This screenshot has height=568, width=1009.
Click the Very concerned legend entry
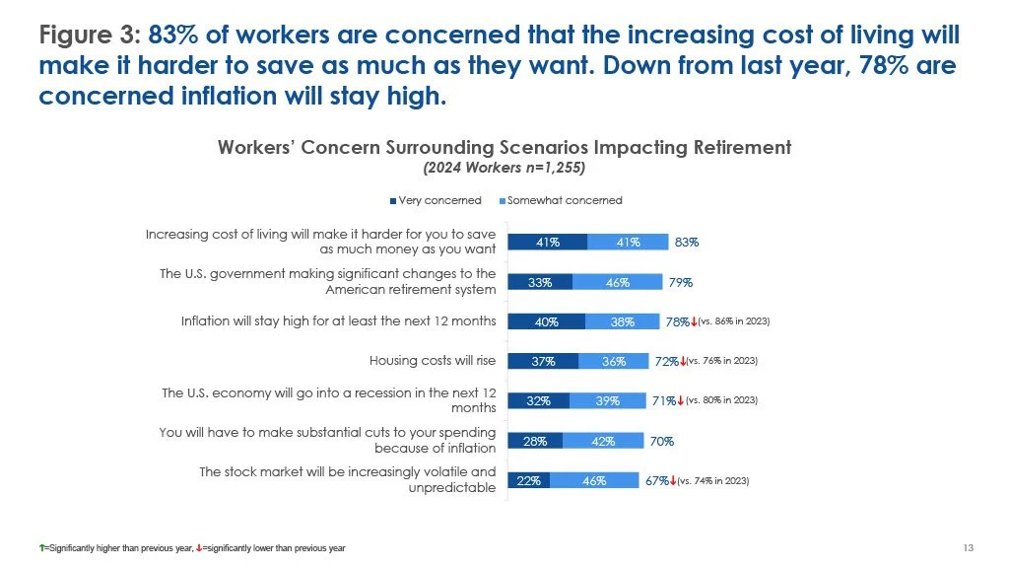(438, 200)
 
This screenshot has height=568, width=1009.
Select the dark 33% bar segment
(540, 282)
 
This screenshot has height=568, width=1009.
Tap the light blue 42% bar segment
(603, 441)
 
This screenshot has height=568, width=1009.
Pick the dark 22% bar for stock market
(528, 480)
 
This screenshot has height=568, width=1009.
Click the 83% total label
(686, 242)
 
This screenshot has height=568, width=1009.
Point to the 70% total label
(661, 441)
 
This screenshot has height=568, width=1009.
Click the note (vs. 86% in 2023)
(733, 321)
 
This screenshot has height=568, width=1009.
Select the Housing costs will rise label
(432, 360)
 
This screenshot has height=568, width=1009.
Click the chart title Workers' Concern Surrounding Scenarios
(504, 147)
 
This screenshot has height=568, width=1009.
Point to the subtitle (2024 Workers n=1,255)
(504, 168)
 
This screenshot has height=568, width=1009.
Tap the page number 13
(967, 547)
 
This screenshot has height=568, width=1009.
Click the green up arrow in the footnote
(42, 547)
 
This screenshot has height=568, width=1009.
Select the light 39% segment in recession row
(608, 400)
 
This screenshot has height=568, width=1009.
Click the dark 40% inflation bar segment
(546, 321)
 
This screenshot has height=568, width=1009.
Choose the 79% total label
(680, 282)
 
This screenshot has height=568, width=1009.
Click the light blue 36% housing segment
(613, 361)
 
